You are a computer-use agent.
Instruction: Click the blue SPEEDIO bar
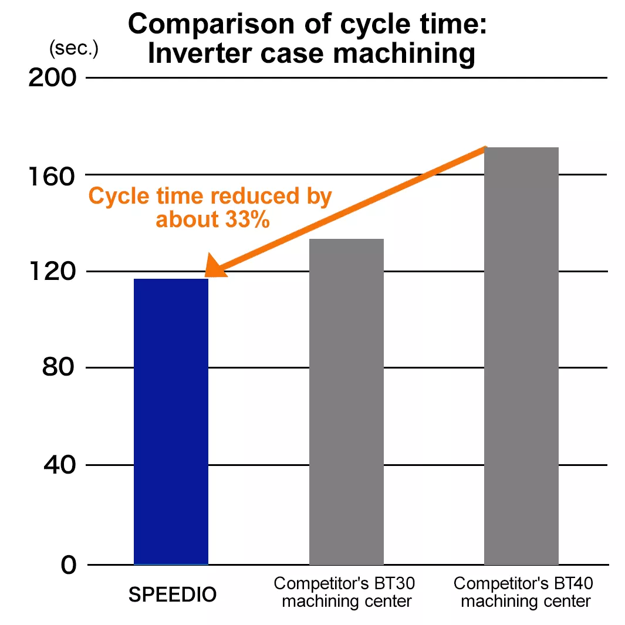coord(171,421)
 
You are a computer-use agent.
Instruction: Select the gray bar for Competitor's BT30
coord(346,401)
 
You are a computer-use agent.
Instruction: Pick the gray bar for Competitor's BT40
coord(521,356)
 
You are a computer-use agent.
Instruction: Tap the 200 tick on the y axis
coord(53,78)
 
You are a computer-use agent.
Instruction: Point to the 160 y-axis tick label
coord(53,175)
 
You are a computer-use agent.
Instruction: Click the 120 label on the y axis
coord(53,272)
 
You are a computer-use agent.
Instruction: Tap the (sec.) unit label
coord(74,49)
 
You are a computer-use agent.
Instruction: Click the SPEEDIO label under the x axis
coord(173,595)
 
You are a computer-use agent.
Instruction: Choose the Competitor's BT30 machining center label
coord(346,592)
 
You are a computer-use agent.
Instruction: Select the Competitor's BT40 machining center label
coord(523,592)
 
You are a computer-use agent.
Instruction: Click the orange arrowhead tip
coord(207,274)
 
